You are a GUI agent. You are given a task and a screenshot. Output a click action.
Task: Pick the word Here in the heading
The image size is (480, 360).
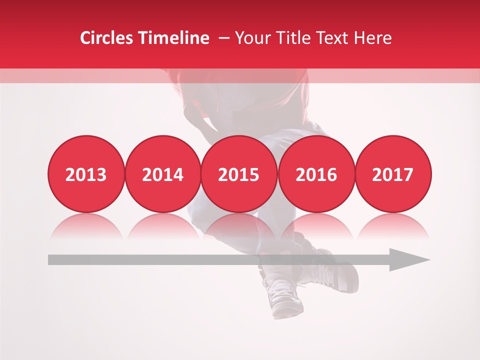pos(373,38)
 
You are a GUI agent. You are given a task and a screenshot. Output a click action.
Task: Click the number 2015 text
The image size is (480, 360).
pos(239,175)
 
